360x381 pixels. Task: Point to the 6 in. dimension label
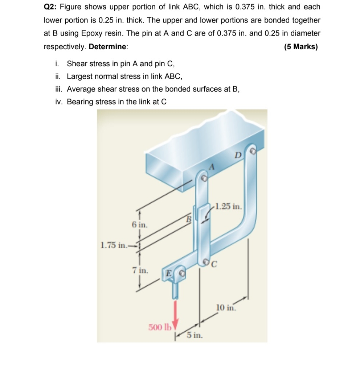click(139, 225)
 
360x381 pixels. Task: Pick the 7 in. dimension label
click(140, 270)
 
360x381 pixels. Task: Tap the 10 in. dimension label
click(226, 308)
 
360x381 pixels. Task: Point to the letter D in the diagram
click(237, 156)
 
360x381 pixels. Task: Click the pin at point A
click(204, 178)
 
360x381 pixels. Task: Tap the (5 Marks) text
click(300, 47)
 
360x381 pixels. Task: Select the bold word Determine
click(108, 47)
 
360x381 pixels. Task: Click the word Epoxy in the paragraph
click(91, 33)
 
